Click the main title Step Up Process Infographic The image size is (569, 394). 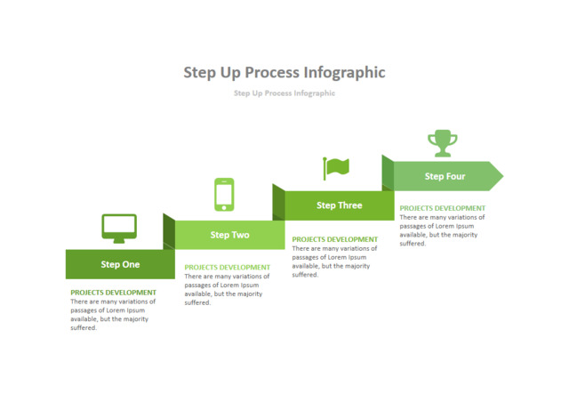pyautogui.click(x=284, y=72)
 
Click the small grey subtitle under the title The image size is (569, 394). pyautogui.click(x=284, y=92)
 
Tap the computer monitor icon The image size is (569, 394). pyautogui.click(x=119, y=228)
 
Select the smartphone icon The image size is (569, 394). pyautogui.click(x=224, y=194)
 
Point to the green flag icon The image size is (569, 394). pyautogui.click(x=336, y=167)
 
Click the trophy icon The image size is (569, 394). pyautogui.click(x=442, y=142)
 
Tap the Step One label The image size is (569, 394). pyautogui.click(x=120, y=264)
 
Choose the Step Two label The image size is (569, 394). pyautogui.click(x=229, y=235)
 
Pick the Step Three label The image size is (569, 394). pyautogui.click(x=339, y=205)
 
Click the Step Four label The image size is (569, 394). pyautogui.click(x=445, y=176)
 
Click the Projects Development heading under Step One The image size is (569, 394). pyautogui.click(x=113, y=293)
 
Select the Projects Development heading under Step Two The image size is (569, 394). pyautogui.click(x=227, y=267)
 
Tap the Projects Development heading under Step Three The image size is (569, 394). pyautogui.click(x=334, y=239)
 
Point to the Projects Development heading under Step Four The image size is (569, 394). pyautogui.click(x=442, y=208)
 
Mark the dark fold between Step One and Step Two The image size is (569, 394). pyautogui.click(x=169, y=231)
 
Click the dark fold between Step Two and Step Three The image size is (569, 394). pyautogui.click(x=278, y=202)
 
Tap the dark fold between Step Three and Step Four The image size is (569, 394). pyautogui.click(x=388, y=173)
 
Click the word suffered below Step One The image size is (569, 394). pyautogui.click(x=84, y=328)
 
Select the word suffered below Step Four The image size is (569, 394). pyautogui.click(x=413, y=244)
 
